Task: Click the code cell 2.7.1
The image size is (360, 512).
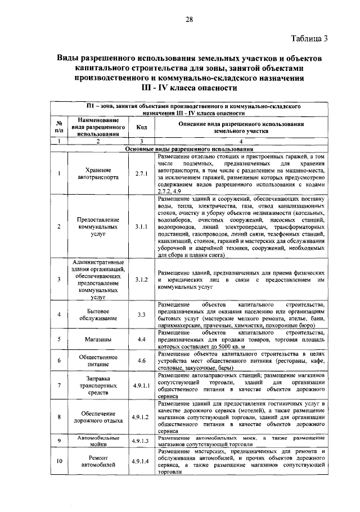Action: (141, 174)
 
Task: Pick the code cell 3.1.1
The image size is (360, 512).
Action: (141, 227)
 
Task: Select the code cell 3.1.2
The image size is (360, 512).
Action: (141, 279)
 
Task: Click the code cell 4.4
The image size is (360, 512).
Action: (141, 339)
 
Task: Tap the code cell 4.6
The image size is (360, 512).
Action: (141, 361)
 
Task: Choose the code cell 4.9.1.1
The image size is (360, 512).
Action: (141, 386)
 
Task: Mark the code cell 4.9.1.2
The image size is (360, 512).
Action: (141, 417)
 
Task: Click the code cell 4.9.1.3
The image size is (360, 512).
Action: (141, 441)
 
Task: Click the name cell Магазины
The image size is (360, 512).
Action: (98, 339)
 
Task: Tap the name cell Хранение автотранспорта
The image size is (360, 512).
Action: (98, 173)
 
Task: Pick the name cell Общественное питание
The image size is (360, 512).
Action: (98, 361)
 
